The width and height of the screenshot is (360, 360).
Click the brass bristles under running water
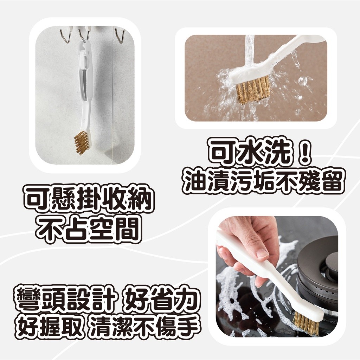252,90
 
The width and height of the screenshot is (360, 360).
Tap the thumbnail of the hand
262,252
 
